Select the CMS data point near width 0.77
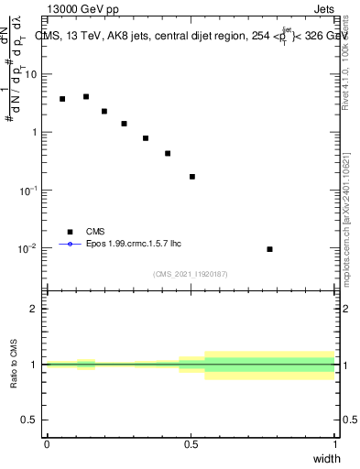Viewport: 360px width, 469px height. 269,249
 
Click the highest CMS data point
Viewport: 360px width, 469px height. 86,96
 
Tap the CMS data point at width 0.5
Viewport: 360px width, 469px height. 192,177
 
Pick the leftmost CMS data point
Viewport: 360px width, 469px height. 62,99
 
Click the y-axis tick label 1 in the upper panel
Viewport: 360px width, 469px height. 36,132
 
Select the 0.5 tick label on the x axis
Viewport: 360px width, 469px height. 191,444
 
